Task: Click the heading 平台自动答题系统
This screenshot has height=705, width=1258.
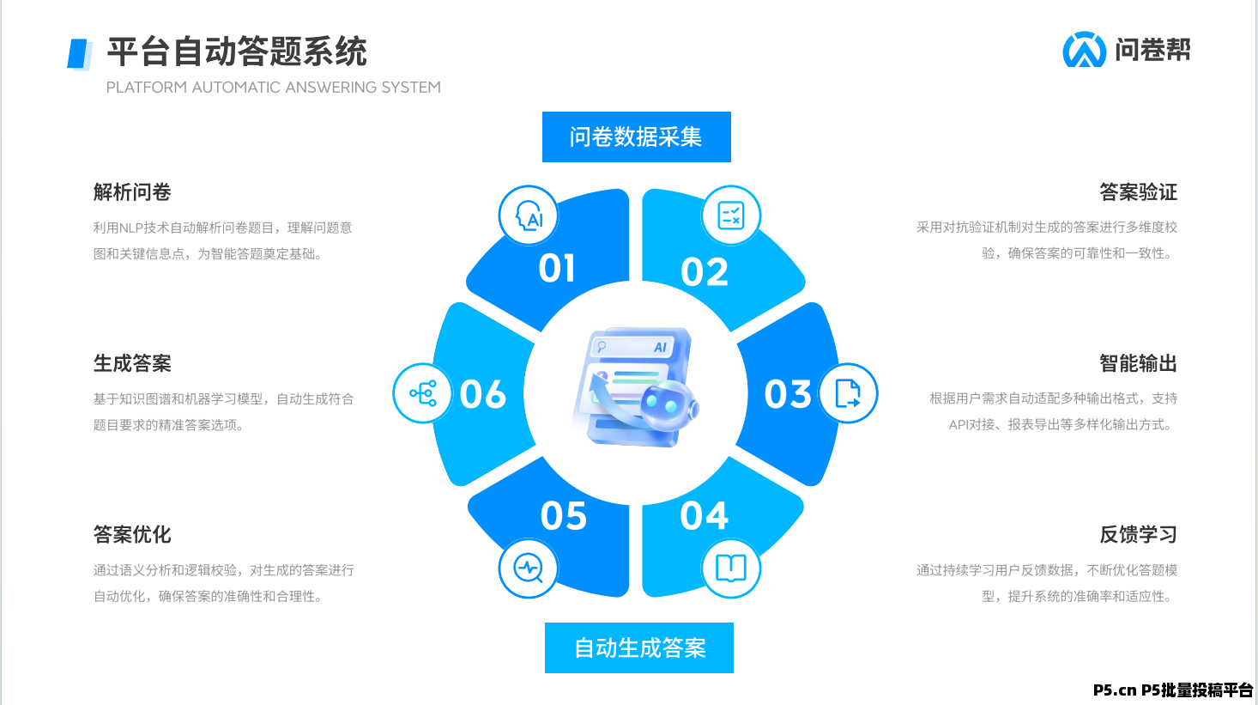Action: coord(237,52)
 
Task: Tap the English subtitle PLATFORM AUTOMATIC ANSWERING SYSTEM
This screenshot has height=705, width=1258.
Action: coord(273,88)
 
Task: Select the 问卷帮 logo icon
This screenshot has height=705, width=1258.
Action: coord(1084,50)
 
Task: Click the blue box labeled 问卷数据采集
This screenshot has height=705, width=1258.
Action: coord(636,137)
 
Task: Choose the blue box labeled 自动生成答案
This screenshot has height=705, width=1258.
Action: coord(639,647)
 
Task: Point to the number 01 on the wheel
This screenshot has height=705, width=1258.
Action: coord(557,269)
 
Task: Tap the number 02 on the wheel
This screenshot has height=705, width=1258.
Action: coord(705,272)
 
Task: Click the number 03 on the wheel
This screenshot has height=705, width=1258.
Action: coord(788,394)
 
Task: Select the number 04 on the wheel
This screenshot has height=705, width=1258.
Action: coord(705,516)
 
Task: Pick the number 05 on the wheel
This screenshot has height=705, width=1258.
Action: coord(564,516)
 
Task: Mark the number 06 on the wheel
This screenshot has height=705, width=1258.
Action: coord(483,394)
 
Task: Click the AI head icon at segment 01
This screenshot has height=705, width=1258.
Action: coord(529,215)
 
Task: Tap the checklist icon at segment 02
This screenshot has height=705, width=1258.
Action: coord(731,215)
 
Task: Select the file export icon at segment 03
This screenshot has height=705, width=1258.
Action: coord(848,393)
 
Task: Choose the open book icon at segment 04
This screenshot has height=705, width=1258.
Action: coord(731,568)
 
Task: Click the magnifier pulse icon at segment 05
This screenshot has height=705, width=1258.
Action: coord(529,568)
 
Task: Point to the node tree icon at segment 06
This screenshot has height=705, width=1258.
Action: coord(422,393)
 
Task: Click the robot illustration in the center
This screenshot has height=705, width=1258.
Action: coord(635,388)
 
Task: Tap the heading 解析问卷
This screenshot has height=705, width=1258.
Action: coord(132,191)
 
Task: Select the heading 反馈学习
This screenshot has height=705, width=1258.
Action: coord(1138,534)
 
